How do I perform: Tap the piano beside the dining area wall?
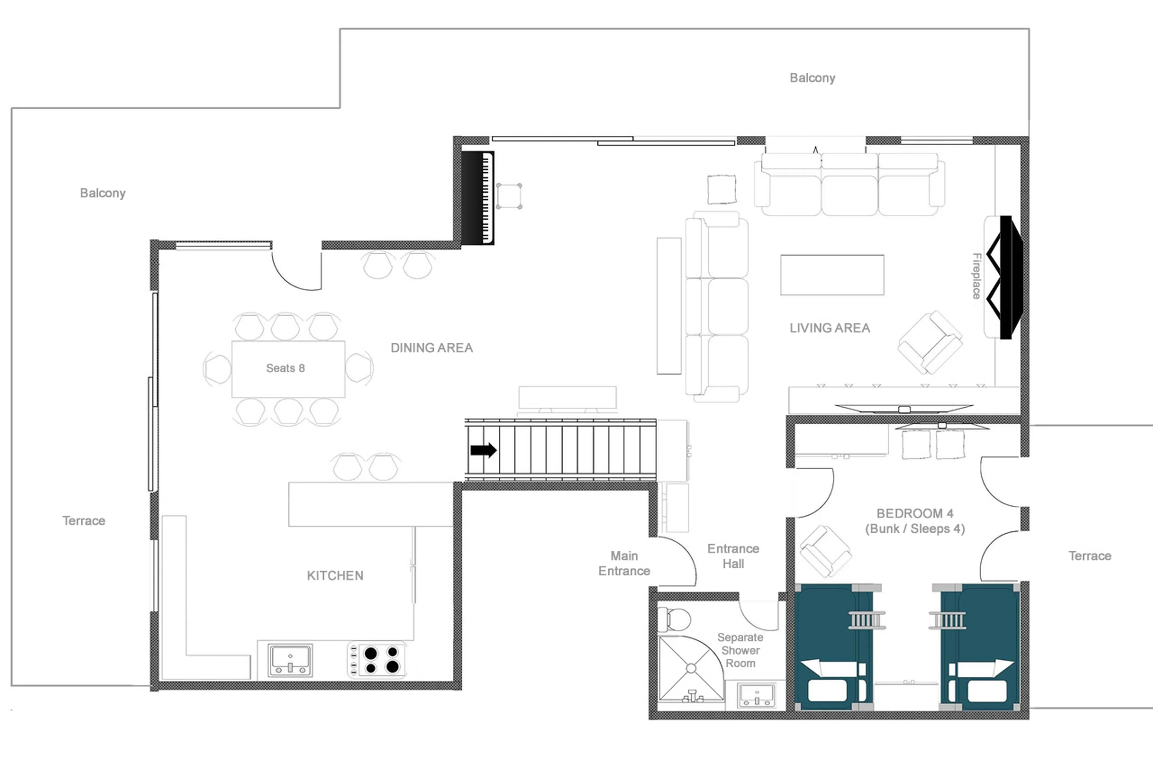click(477, 198)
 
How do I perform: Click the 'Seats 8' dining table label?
click(285, 368)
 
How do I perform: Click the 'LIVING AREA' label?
click(830, 328)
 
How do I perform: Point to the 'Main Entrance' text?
click(624, 563)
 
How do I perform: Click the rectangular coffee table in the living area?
click(832, 275)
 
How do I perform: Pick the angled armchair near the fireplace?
click(930, 342)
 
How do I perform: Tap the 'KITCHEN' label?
click(335, 576)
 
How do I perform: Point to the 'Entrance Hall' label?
click(733, 556)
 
